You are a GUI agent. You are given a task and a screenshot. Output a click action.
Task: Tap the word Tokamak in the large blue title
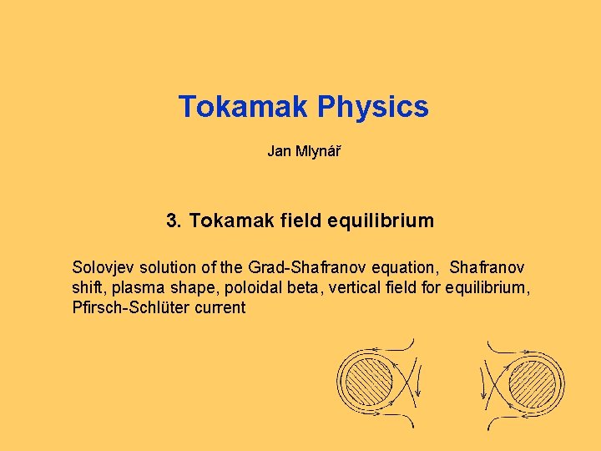(x=244, y=108)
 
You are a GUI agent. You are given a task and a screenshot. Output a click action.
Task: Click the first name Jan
(x=278, y=151)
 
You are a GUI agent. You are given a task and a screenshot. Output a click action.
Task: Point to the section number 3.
(x=174, y=221)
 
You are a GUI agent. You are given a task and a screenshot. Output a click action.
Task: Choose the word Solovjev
(x=104, y=268)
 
